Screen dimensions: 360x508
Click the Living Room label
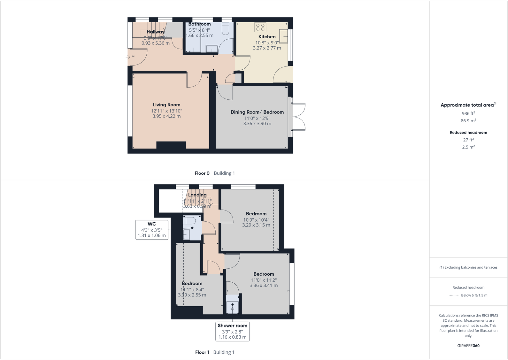point(166,105)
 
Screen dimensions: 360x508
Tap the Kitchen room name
point(267,37)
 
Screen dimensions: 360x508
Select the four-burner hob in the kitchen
point(260,27)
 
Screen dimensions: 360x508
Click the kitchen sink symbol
point(284,36)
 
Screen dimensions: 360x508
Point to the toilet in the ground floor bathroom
point(225,29)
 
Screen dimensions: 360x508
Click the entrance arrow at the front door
point(128,57)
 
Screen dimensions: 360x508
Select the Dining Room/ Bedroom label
point(257,112)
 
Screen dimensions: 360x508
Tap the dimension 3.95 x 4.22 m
point(166,116)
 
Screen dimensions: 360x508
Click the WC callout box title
point(152,224)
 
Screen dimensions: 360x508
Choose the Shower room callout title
point(232,326)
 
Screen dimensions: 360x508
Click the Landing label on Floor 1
point(197,195)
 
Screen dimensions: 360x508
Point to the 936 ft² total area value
point(468,113)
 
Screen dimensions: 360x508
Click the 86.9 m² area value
point(468,121)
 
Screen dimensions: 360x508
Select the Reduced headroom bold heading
point(468,133)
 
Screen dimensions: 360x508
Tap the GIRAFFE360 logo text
point(468,346)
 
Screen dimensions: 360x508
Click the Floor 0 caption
point(202,173)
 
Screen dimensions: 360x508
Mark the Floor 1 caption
point(202,352)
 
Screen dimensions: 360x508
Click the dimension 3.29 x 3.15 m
point(256,225)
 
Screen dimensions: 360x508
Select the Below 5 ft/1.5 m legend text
point(474,295)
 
